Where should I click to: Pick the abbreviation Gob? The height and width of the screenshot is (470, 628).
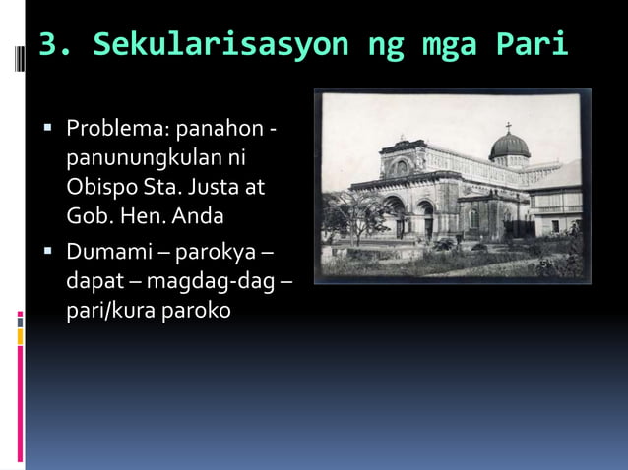click(90, 213)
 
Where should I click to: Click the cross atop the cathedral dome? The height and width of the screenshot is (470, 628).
click(508, 128)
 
